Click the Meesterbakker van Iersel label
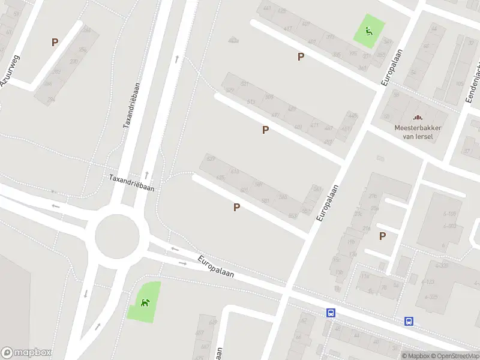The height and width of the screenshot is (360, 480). [x=418, y=131]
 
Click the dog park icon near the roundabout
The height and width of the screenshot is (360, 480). [x=145, y=302]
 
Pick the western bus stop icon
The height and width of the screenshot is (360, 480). [x=331, y=313]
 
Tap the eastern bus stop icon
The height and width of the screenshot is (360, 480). [x=409, y=321]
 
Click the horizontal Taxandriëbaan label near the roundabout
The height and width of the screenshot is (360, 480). [x=132, y=183]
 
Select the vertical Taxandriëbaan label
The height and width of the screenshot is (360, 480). [x=131, y=105]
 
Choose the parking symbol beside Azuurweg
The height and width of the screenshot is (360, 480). [x=55, y=43]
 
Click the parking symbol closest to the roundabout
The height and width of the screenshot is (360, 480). [x=237, y=207]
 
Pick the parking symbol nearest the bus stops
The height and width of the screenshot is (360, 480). [x=382, y=236]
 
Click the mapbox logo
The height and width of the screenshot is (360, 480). [x=26, y=353]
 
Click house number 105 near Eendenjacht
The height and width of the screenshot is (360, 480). [x=460, y=83]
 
